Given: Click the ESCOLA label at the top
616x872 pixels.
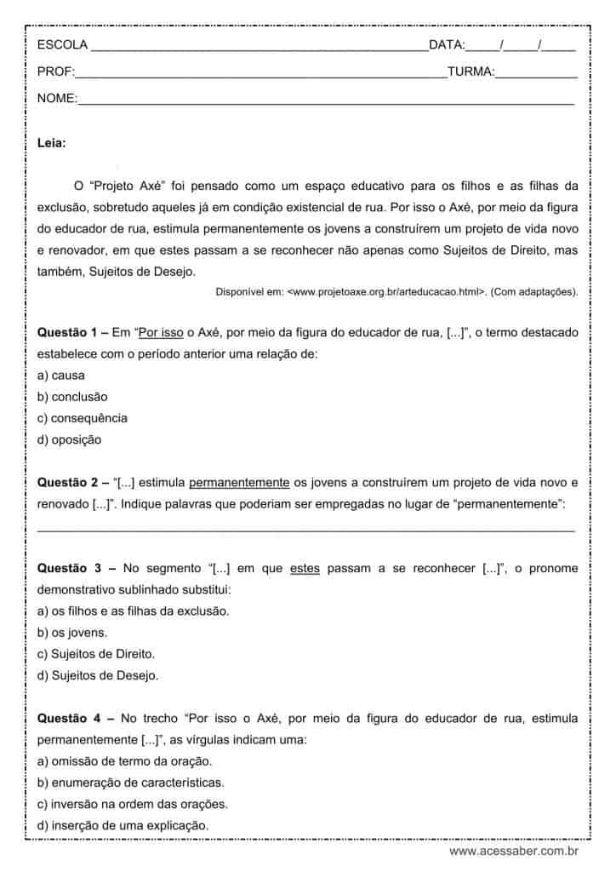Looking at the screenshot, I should tap(62, 45).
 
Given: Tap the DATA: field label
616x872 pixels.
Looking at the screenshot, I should tap(447, 45).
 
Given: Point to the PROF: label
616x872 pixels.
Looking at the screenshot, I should tap(56, 72).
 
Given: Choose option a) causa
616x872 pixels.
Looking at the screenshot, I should tap(61, 375).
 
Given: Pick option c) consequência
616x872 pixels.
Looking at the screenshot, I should tap(83, 418).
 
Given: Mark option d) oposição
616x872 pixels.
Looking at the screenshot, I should tap(69, 440).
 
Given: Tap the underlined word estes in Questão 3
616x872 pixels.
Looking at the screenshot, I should tap(304, 568).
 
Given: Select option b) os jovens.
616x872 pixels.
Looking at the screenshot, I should tap(72, 633).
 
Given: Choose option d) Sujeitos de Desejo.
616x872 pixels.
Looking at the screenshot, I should tap(98, 676).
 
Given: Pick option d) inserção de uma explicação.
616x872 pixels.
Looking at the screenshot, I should tap(123, 826).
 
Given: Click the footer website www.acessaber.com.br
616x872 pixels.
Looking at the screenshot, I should tap(514, 851).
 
